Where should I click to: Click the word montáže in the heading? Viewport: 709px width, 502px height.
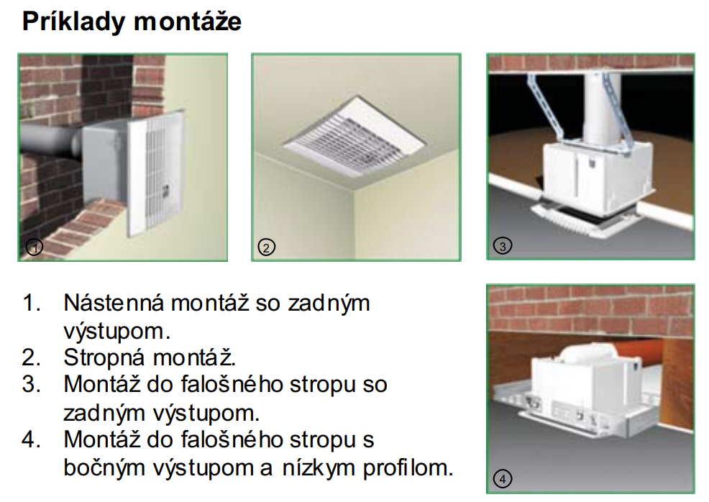188,22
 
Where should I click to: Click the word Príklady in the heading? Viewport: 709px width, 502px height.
73,22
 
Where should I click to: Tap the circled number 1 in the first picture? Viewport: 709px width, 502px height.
35,247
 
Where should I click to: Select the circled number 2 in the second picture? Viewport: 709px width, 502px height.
266,247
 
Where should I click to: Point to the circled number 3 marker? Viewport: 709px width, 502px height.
503,246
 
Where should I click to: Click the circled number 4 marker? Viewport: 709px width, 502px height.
503,478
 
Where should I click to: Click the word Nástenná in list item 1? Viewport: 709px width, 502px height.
114,302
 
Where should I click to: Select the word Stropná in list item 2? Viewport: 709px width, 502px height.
105,358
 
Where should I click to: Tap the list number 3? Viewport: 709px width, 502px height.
31,385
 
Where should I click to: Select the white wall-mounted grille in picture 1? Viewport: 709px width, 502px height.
156,175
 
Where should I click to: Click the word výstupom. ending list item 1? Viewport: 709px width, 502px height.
117,331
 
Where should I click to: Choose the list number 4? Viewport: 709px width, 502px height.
31,439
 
